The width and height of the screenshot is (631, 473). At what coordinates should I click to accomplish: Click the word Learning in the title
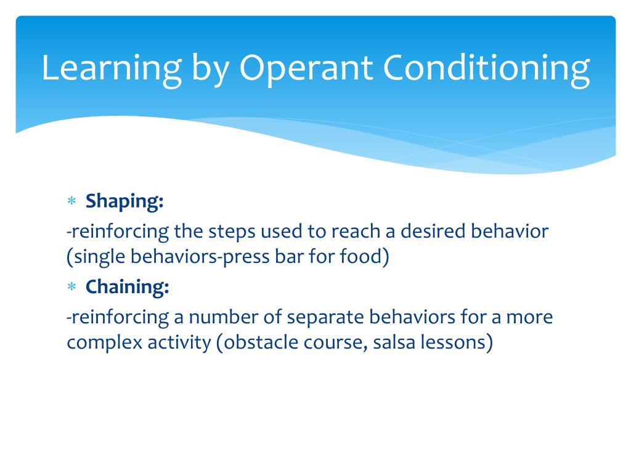(x=112, y=69)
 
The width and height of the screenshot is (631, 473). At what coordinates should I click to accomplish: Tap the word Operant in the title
(x=306, y=69)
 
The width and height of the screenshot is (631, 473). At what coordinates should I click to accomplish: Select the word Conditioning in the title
(x=487, y=69)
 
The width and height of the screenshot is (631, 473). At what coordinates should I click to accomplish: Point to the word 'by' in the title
(x=211, y=69)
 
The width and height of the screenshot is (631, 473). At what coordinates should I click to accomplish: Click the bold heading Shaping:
(x=124, y=201)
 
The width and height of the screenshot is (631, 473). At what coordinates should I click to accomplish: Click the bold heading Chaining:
(x=127, y=287)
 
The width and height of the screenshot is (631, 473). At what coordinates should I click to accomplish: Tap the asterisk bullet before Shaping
(x=71, y=201)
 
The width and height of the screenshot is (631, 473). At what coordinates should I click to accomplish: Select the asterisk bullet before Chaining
(x=71, y=287)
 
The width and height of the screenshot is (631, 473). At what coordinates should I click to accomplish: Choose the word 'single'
(x=99, y=257)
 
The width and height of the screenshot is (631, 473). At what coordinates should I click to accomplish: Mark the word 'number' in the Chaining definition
(x=223, y=317)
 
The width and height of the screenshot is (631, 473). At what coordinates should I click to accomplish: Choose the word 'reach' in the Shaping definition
(x=356, y=232)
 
